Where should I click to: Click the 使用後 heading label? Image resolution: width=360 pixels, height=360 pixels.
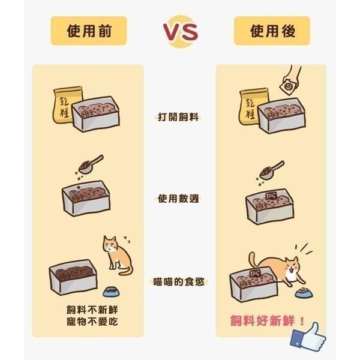pos(272,31)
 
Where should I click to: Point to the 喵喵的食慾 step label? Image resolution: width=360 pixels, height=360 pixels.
pos(179,280)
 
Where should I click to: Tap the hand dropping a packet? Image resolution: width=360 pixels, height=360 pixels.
pos(292,82)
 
